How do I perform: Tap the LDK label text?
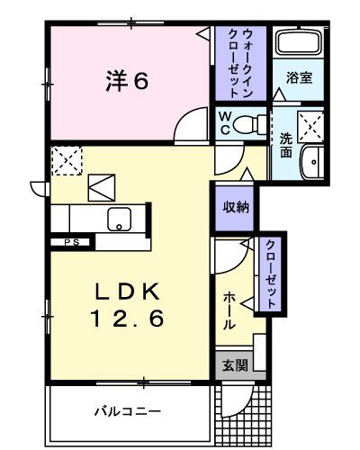coord(128,292)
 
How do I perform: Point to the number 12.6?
coord(128,318)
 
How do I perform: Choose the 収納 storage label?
coord(235,205)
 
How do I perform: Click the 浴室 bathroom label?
coord(300,78)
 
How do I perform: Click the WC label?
coord(226,121)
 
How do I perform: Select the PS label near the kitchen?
coord(70,242)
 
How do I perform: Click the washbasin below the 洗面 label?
coord(311,163)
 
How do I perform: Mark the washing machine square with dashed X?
coord(312,123)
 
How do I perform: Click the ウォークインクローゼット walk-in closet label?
coord(240,60)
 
